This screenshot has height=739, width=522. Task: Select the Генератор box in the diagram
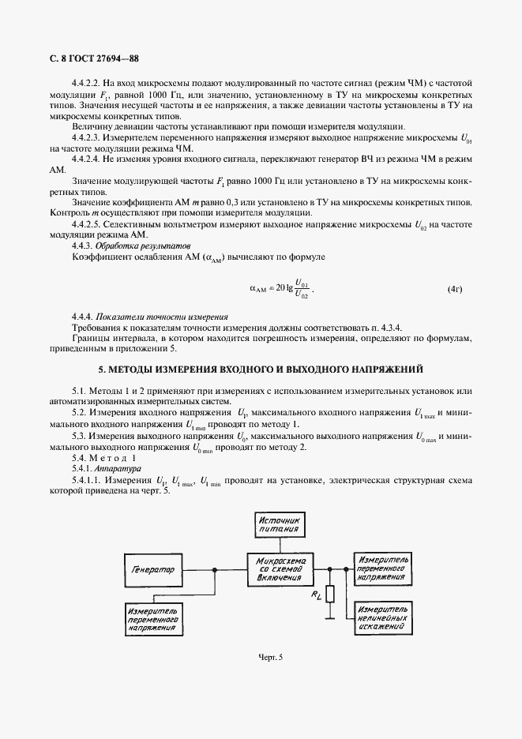[x=152, y=569]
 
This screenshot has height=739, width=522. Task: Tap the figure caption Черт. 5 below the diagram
[x=271, y=657]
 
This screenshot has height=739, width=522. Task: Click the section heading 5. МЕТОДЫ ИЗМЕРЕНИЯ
[x=261, y=369]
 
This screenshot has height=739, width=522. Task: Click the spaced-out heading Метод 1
[x=114, y=458]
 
